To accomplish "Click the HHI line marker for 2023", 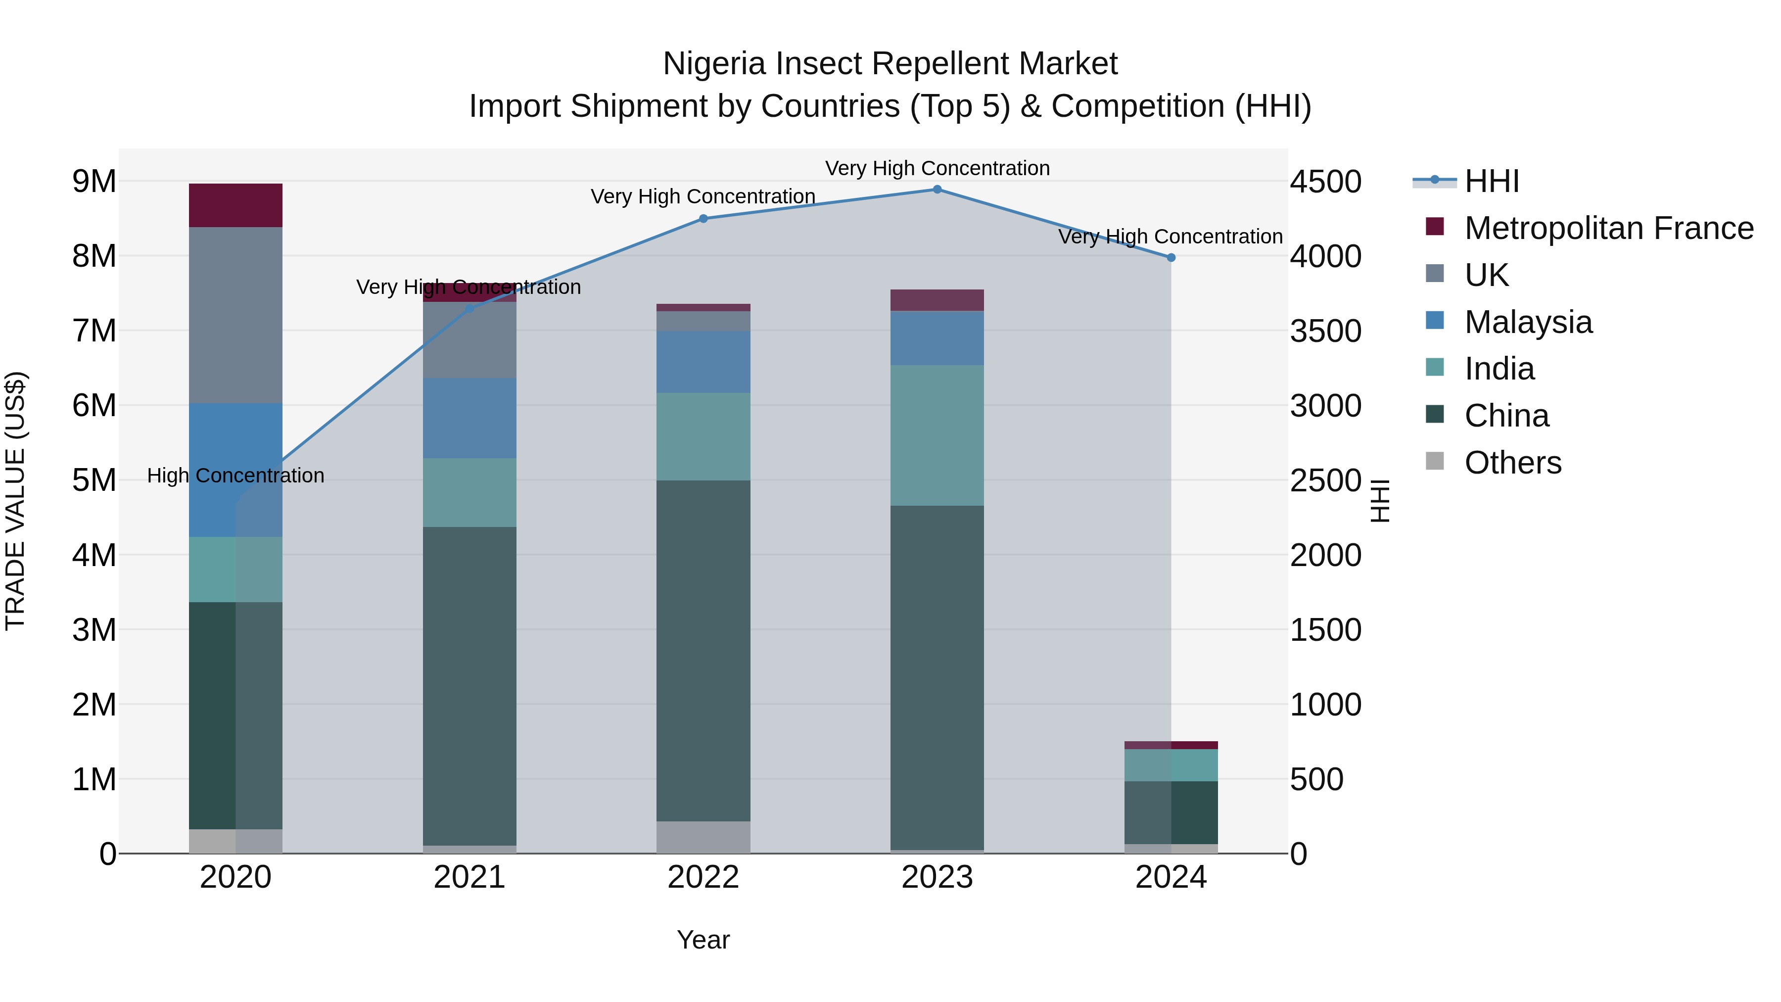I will click(x=937, y=190).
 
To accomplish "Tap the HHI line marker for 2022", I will click(x=703, y=219).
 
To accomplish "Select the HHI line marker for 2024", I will click(x=1171, y=258).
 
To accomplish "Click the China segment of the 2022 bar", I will click(x=703, y=650).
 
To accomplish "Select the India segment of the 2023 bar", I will click(x=937, y=435).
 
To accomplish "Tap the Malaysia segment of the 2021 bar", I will click(x=469, y=418).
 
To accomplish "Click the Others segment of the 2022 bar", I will click(x=703, y=837).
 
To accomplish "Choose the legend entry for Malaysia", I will click(x=1528, y=322).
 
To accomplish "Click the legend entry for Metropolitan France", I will click(x=1608, y=228).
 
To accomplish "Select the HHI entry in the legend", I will click(x=1491, y=181).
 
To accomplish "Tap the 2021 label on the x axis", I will click(x=469, y=877).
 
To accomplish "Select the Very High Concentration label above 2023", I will click(x=937, y=168).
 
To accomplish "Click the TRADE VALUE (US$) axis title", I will click(x=15, y=501).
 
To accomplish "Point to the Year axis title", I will click(x=703, y=940).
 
